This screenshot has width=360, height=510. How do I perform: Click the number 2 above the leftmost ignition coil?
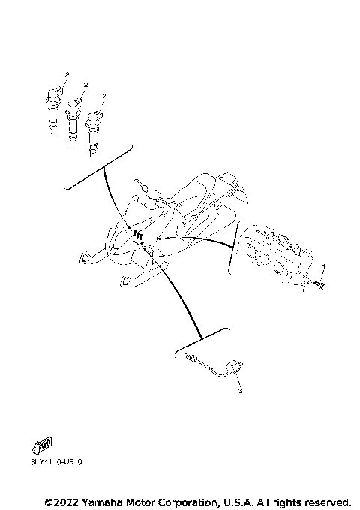point(66,76)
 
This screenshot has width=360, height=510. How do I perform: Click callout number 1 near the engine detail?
point(323,267)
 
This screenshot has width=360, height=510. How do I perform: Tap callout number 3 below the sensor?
point(240,391)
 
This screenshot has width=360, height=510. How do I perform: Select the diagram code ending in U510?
point(56,463)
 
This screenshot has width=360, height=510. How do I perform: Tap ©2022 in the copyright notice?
point(61,501)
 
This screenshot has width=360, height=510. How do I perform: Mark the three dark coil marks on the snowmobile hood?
point(138,235)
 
